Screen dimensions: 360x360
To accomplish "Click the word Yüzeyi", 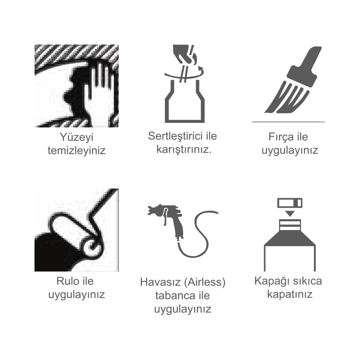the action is [77, 137].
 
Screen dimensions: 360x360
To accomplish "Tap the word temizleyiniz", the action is [77, 151].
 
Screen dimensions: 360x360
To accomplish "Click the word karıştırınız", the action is [184, 149].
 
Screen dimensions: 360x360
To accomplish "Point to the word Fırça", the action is [279, 137].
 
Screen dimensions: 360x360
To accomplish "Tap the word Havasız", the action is [161, 282].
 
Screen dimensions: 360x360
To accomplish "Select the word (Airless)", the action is [206, 282].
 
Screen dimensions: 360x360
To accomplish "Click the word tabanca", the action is [172, 296].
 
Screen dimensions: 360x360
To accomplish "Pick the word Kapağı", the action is [269, 281].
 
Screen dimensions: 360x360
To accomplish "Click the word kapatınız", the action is [290, 294].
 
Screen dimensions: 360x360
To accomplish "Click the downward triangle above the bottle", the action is [290, 214].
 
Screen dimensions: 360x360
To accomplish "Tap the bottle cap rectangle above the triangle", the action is [290, 203].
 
